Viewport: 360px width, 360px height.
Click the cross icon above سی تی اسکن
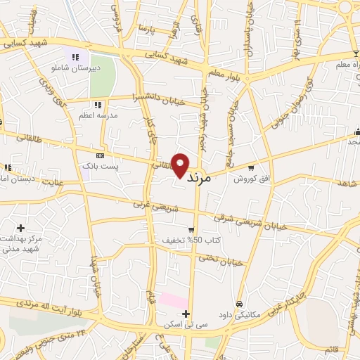(185, 314)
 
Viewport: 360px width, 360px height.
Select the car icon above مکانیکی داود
(240, 304)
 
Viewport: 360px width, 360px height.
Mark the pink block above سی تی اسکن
(171, 300)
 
